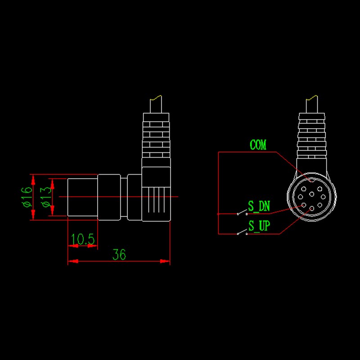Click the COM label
[x=258, y=145]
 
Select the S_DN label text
[x=259, y=207]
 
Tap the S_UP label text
[x=259, y=226]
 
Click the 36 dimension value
[x=119, y=255]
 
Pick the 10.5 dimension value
[x=83, y=240]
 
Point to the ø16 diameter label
[x=27, y=197]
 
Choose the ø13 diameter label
[x=46, y=197]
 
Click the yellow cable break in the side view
[x=156, y=97]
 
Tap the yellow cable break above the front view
[x=311, y=97]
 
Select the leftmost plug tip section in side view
[x=82, y=197]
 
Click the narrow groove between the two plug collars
[x=125, y=197]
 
